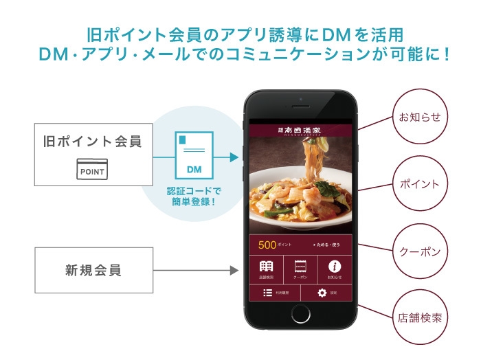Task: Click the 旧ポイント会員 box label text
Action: coord(93,142)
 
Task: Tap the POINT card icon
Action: coord(92,170)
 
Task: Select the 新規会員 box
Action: coord(93,270)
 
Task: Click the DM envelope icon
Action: coord(194,155)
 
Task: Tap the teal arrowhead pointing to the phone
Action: coord(234,157)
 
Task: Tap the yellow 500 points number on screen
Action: coord(267,245)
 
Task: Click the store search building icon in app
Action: coord(266,267)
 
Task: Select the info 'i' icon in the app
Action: coord(335,267)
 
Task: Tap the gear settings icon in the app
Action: coord(322,293)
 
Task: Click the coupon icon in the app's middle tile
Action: coord(300,267)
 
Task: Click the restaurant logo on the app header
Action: coord(300,129)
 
